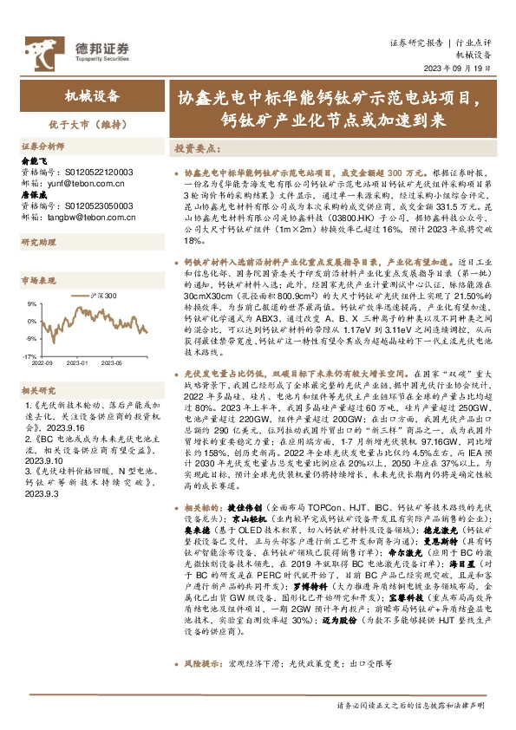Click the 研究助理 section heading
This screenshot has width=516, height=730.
[x=37, y=243]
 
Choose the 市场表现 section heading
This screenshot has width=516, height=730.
[x=37, y=281]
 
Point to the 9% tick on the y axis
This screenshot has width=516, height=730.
[x=31, y=304]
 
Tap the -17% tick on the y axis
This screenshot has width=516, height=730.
[x=29, y=355]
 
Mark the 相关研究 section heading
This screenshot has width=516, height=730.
[x=37, y=391]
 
